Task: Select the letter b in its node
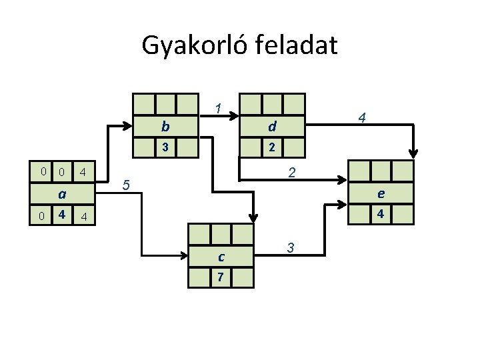(x=165, y=126)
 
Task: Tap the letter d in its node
(x=272, y=126)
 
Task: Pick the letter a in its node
(x=61, y=195)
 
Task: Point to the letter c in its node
(x=221, y=257)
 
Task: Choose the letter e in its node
(x=381, y=194)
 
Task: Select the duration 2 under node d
(x=272, y=147)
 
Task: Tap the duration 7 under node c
(x=221, y=277)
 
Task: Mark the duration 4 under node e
(x=381, y=215)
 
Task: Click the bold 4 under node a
(x=61, y=215)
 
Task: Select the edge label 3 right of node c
(x=291, y=247)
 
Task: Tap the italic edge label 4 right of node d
(x=361, y=118)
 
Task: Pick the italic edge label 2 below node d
(x=291, y=173)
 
